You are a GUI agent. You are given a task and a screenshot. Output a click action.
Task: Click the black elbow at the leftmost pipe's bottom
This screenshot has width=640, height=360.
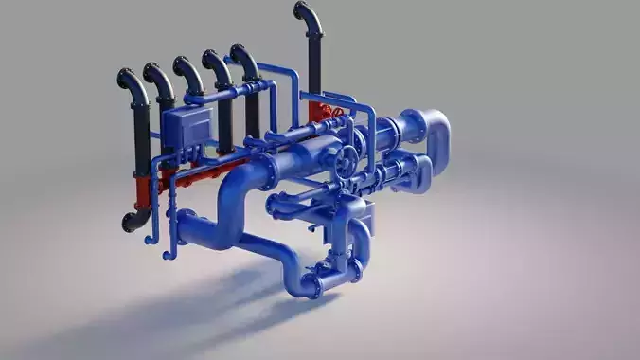pos(133,222)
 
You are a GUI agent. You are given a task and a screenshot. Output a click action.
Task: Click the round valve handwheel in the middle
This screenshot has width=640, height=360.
pos(347,159)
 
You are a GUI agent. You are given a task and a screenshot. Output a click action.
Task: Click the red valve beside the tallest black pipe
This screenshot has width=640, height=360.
pos(328,113)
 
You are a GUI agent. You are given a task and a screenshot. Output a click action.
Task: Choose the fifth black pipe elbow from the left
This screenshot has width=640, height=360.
pos(243,57)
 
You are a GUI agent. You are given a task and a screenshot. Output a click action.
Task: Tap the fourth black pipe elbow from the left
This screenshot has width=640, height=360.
pos(215,63)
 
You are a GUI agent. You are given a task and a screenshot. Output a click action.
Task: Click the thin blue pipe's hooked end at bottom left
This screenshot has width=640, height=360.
pos(168,252)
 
